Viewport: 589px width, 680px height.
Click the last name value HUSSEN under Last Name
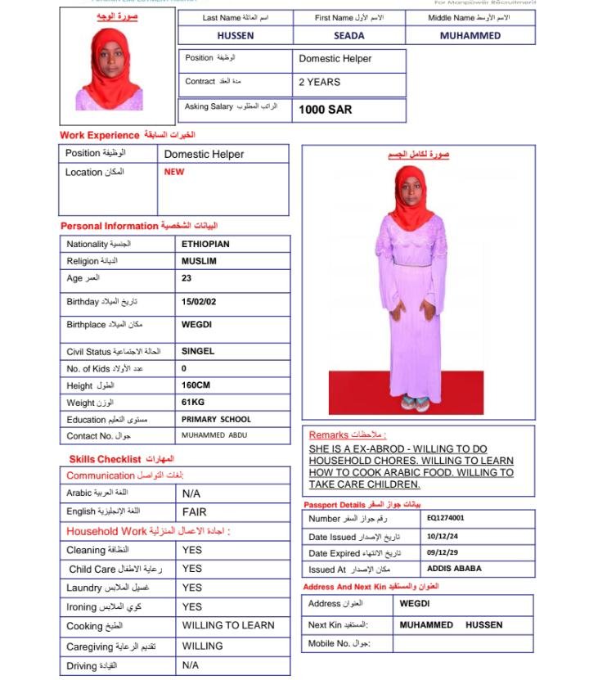point(235,36)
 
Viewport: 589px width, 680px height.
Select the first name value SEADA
point(348,36)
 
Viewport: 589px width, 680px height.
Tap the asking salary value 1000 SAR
point(325,109)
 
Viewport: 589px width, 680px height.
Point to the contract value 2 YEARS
point(319,82)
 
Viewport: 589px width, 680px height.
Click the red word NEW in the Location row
point(174,172)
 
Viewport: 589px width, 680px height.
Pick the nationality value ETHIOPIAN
point(205,244)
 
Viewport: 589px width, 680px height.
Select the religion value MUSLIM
point(199,261)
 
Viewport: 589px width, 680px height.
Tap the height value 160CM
point(196,385)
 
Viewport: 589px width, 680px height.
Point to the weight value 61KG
point(193,403)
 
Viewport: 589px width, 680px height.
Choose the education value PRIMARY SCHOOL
point(216,419)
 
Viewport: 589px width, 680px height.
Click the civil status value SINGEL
point(198,351)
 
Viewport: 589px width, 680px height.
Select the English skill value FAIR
point(194,511)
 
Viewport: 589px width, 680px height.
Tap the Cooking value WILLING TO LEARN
point(228,625)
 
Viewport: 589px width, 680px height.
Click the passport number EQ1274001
point(445,518)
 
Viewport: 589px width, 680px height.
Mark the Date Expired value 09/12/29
point(443,553)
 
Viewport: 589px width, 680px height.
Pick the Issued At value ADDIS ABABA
point(454,569)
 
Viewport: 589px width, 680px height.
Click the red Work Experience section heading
point(100,134)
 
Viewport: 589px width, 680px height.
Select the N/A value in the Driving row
point(191,666)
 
